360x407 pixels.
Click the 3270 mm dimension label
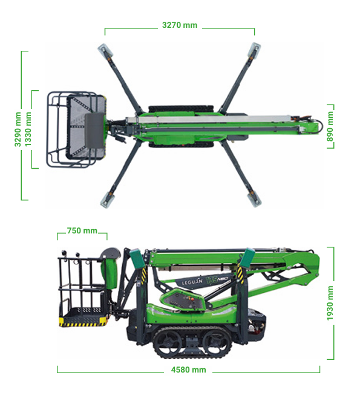click(x=180, y=25)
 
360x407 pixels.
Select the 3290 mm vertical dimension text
click(x=18, y=129)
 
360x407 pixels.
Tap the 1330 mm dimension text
click(x=28, y=129)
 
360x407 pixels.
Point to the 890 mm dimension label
click(x=330, y=126)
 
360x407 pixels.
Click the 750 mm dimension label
click(x=82, y=230)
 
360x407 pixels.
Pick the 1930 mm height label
click(x=330, y=303)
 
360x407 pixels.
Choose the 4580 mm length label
click(x=189, y=370)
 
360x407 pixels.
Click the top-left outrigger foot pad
click(x=105, y=50)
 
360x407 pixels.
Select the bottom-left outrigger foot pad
click(x=107, y=200)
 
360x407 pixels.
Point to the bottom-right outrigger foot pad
click(x=254, y=199)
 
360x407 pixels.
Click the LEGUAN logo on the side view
click(x=192, y=282)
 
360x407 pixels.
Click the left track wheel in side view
click(x=166, y=342)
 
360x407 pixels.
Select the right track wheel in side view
click(x=215, y=342)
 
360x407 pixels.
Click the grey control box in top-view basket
click(x=94, y=131)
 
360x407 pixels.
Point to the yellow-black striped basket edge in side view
click(x=83, y=322)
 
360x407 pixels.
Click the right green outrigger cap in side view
click(x=247, y=258)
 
